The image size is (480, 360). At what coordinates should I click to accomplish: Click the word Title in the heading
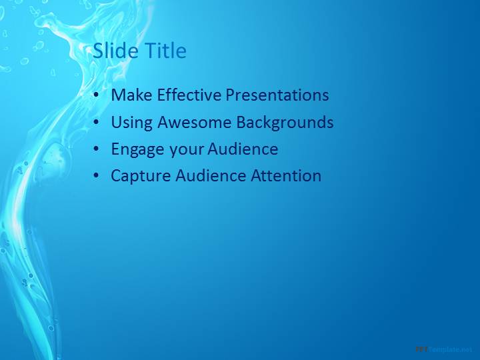pyautogui.click(x=165, y=50)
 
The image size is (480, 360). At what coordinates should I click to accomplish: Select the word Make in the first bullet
pyautogui.click(x=131, y=95)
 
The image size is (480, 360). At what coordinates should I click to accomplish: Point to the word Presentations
pyautogui.click(x=277, y=95)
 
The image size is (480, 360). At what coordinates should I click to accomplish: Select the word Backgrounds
pyautogui.click(x=285, y=123)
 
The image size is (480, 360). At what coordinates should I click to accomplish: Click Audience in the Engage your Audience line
pyautogui.click(x=243, y=149)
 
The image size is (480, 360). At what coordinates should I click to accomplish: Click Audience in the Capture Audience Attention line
pyautogui.click(x=211, y=175)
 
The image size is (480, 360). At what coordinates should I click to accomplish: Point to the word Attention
pyautogui.click(x=286, y=175)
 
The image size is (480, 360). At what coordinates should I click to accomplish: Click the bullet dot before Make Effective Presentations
pyautogui.click(x=97, y=95)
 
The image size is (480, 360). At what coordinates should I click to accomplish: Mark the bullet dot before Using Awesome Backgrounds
pyautogui.click(x=97, y=122)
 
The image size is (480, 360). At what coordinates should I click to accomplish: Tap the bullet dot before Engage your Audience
pyautogui.click(x=97, y=149)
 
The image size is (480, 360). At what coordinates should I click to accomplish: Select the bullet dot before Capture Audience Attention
pyautogui.click(x=97, y=176)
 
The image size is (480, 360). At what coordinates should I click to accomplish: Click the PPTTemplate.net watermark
pyautogui.click(x=444, y=349)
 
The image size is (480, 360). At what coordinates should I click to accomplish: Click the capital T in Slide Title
pyautogui.click(x=150, y=50)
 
